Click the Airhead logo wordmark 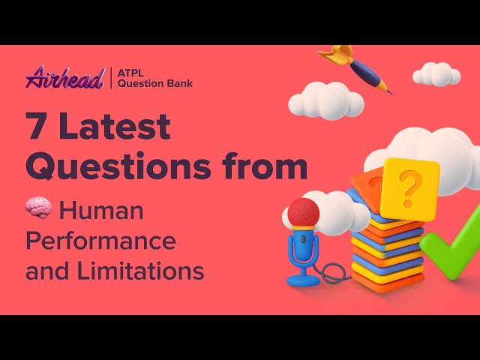[64, 77]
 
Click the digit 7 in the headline [39, 128]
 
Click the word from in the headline [265, 166]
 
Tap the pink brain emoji [38, 210]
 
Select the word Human [101, 211]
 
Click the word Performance [100, 241]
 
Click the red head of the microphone [303, 212]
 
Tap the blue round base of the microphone [302, 279]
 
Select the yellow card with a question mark [409, 187]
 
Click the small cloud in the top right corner [436, 74]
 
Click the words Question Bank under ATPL [155, 83]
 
